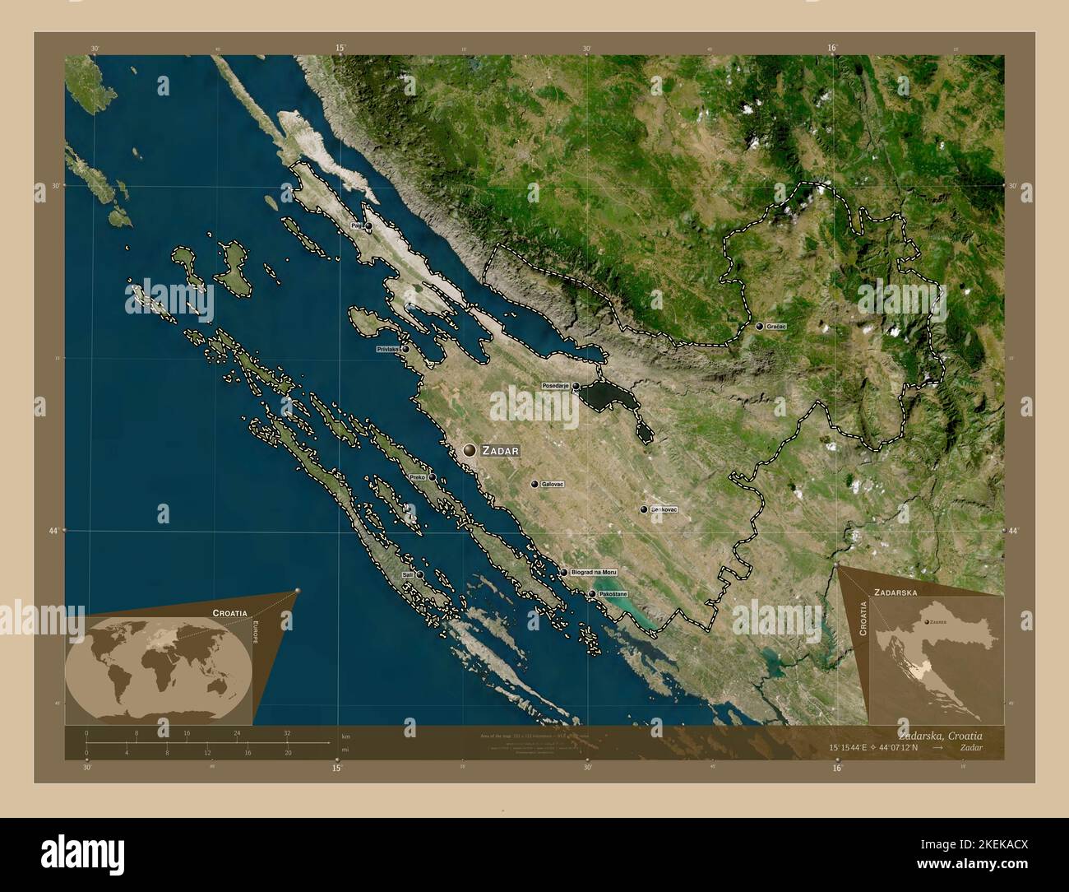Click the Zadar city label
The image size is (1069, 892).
point(501,450)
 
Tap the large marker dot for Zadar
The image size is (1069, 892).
point(470,450)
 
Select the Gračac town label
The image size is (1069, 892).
point(776,327)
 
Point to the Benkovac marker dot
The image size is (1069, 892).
point(644,510)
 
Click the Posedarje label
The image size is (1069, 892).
point(555,385)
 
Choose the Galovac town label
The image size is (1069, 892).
point(553,485)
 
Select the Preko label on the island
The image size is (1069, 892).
point(417,477)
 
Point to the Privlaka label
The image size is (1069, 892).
point(387,350)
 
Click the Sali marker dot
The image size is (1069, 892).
point(419,574)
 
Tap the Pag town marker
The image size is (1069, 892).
point(368,225)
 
